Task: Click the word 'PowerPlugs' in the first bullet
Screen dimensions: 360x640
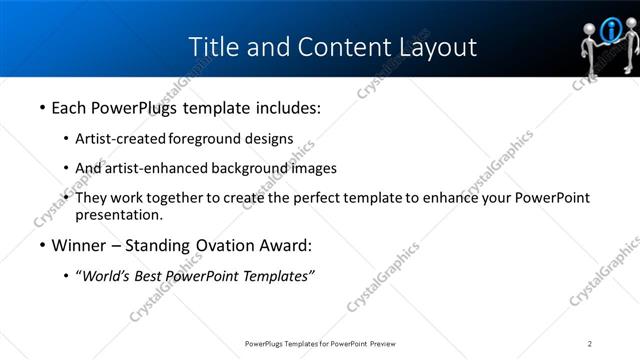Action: (133, 107)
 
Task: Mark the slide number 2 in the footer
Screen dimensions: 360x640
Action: (590, 344)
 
